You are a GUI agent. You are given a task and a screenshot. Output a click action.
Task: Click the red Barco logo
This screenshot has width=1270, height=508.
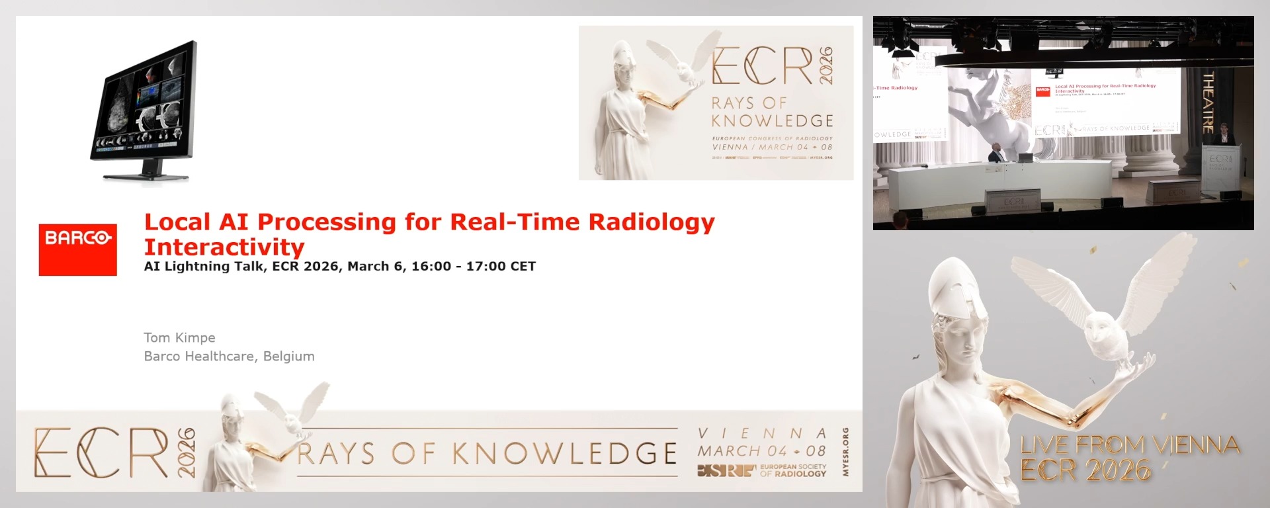[x=77, y=249]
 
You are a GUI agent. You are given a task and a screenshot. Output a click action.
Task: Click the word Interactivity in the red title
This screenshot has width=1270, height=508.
[x=224, y=247]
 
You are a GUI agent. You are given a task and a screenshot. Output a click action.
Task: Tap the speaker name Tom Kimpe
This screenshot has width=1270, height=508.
[x=179, y=337]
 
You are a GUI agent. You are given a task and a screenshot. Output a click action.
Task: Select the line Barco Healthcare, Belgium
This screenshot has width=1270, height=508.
[x=229, y=356]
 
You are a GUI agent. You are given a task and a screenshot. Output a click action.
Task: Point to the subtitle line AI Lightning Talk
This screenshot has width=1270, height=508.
[x=339, y=267]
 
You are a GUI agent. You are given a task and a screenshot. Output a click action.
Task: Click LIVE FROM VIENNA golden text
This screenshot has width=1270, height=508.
[x=1130, y=444]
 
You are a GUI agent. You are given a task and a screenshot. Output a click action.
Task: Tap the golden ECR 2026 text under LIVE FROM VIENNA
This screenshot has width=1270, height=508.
[x=1085, y=470]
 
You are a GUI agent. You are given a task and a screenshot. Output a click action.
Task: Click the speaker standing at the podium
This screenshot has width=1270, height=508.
[x=1224, y=136]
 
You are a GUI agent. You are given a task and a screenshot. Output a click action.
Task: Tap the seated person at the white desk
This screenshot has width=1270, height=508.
[x=994, y=156]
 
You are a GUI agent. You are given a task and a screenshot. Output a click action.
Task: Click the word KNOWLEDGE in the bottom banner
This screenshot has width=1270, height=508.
[x=564, y=454]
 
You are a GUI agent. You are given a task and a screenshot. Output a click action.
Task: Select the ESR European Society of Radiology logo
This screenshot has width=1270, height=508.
[x=761, y=470]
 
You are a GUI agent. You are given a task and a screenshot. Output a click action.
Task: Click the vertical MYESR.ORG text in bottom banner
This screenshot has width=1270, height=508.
[x=845, y=452]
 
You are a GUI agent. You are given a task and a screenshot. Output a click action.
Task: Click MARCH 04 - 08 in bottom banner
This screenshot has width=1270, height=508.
[x=761, y=451]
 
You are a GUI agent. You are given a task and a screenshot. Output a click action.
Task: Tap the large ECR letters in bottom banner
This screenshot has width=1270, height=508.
[x=101, y=453]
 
